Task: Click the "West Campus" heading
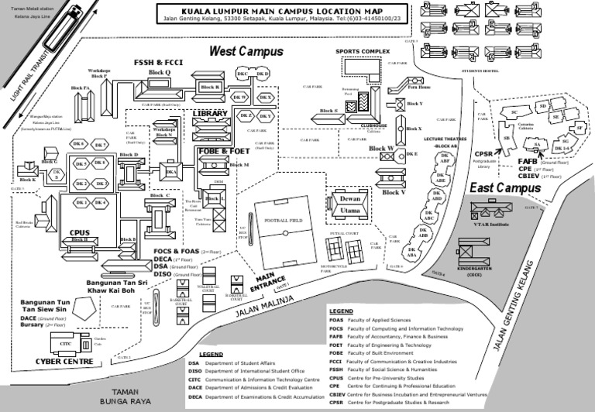(247, 51)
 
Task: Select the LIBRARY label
(210, 114)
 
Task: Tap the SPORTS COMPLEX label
(363, 51)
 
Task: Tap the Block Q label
(159, 71)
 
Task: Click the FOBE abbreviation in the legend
(336, 354)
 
